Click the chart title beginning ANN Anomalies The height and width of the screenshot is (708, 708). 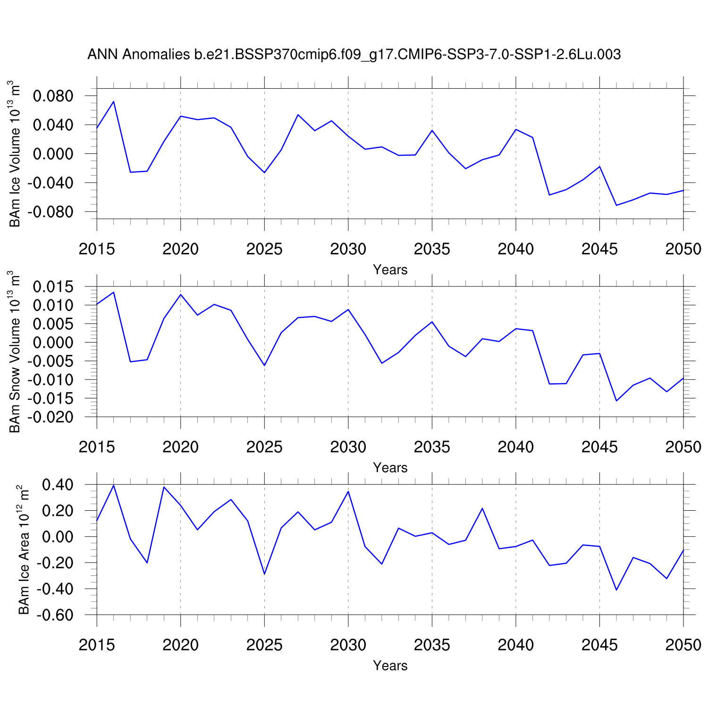point(354,55)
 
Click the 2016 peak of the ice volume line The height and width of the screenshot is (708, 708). point(114,101)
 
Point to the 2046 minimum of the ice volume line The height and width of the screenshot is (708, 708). point(616,205)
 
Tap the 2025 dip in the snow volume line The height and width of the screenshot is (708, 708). point(264,365)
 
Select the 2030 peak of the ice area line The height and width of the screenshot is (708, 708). point(348,491)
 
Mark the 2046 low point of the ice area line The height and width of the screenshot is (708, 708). point(616,590)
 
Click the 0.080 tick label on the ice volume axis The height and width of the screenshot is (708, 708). point(53,96)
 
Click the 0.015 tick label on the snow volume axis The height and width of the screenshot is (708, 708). point(53,287)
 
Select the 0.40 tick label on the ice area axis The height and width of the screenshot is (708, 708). point(58,485)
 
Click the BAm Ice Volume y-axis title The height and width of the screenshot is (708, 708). point(15,154)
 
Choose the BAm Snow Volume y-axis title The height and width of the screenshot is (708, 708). point(15,352)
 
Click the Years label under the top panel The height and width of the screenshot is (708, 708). point(390,270)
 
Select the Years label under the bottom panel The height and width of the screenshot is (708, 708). point(390,666)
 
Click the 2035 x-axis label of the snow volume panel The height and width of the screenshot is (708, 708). point(432,447)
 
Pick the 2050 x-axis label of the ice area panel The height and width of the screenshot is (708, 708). point(683,645)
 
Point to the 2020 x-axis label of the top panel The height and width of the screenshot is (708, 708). point(181,249)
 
